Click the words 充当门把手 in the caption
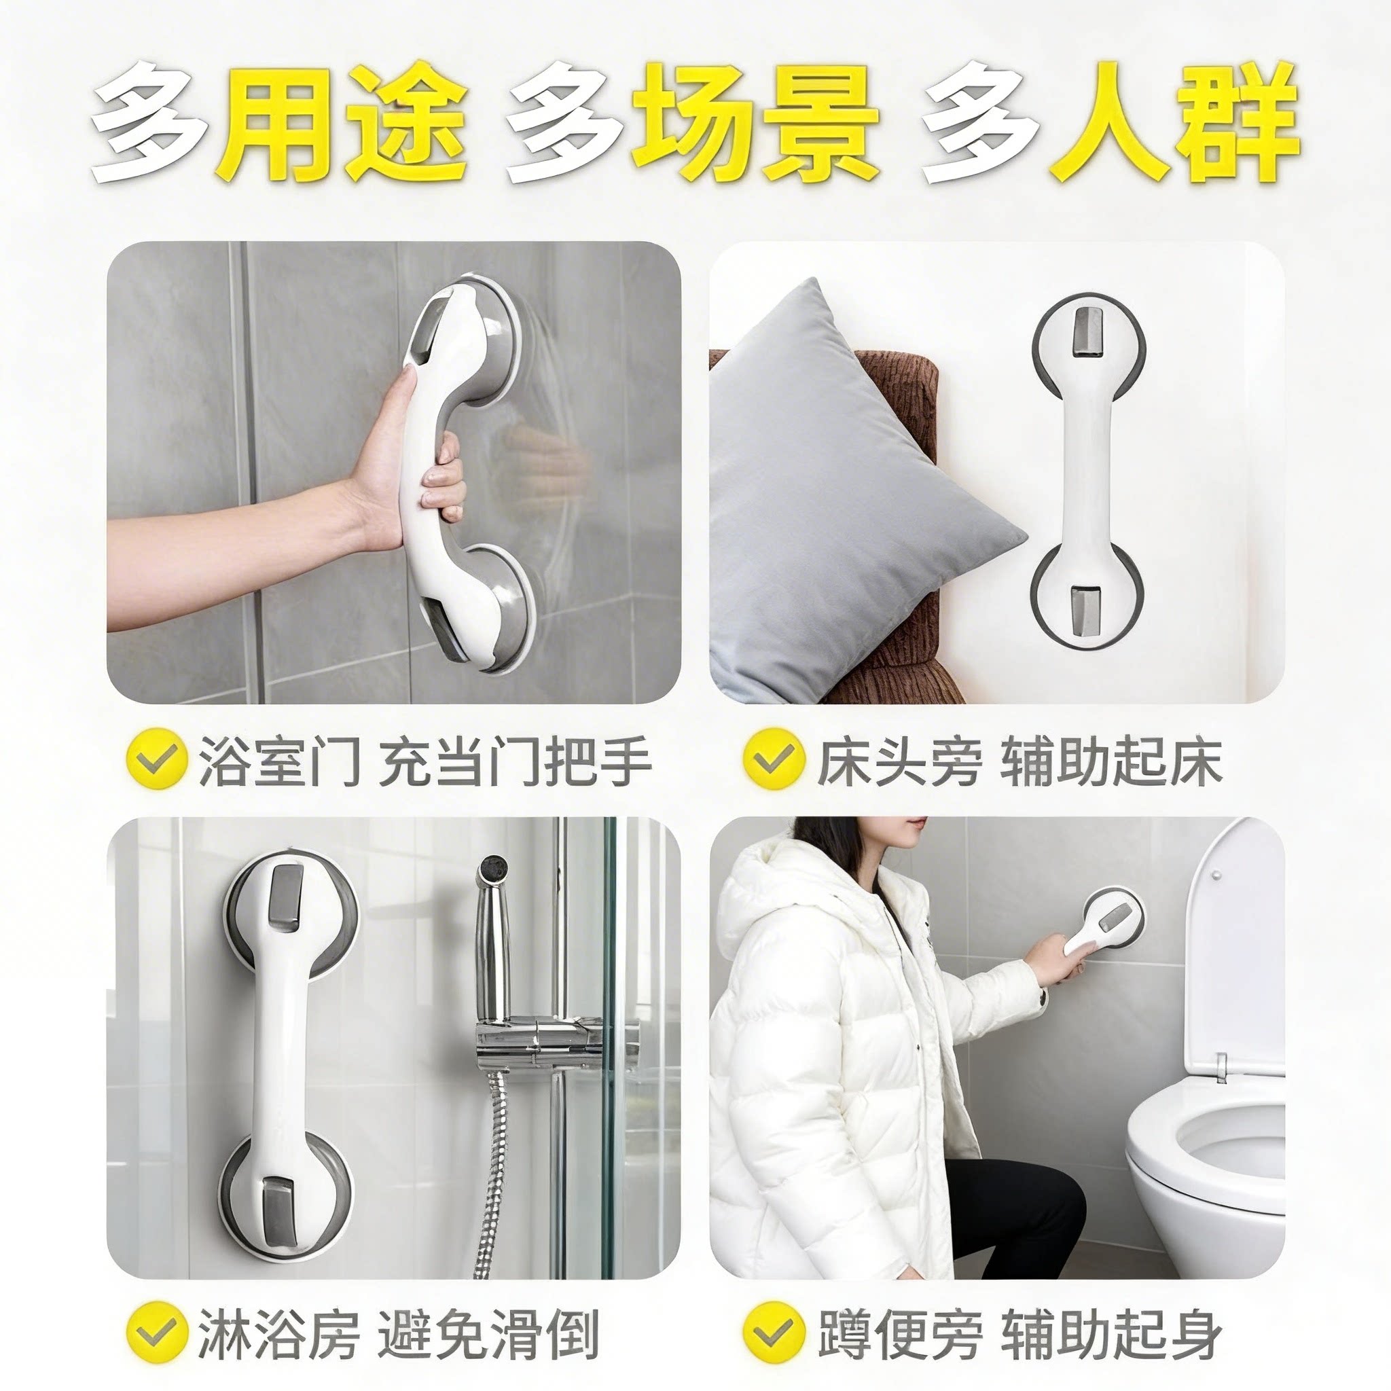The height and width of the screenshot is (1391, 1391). pyautogui.click(x=514, y=760)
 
